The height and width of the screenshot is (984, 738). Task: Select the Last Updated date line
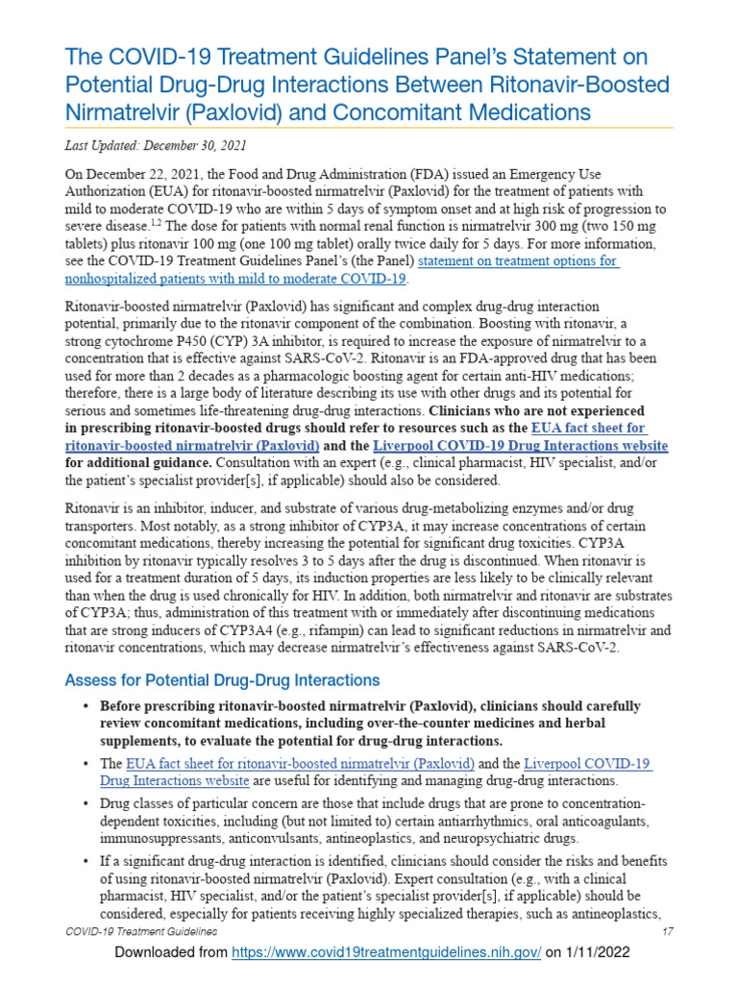coord(155,146)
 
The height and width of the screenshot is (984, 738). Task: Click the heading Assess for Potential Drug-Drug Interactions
coord(222,680)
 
